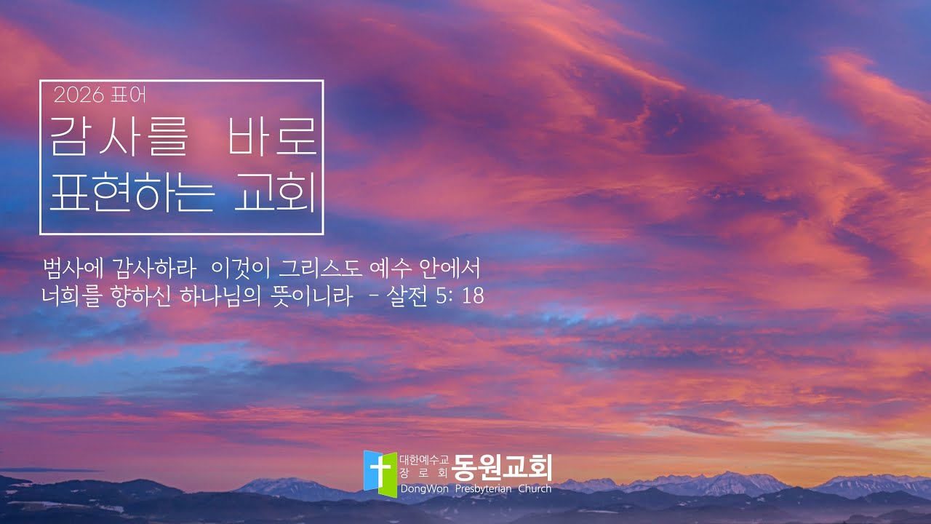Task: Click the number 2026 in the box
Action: [x=79, y=95]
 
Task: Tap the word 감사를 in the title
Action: [x=117, y=136]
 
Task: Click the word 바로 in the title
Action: [x=272, y=136]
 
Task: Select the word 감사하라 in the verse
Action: [x=153, y=269]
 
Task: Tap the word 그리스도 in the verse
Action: [x=321, y=269]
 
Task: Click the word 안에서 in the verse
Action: [x=450, y=269]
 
